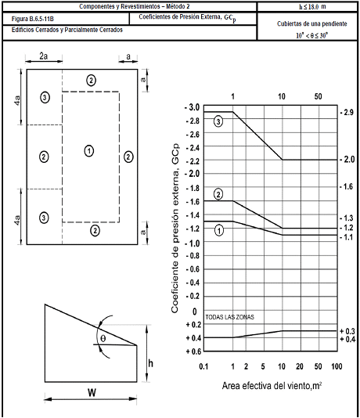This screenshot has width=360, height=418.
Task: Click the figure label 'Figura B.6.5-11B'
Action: point(33,20)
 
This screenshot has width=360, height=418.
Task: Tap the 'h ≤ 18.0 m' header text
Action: point(312,7)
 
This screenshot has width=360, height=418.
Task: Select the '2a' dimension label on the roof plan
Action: point(44,56)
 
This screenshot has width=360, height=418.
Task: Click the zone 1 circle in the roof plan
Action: point(89,151)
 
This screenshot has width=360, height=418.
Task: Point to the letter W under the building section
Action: point(92,392)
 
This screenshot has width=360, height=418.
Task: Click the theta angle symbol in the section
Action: point(103,339)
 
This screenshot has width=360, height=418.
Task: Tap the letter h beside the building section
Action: point(150,363)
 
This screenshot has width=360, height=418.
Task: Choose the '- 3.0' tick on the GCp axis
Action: point(192,107)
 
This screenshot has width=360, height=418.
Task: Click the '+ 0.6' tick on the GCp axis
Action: point(193,351)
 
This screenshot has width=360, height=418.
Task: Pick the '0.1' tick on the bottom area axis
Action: point(203,366)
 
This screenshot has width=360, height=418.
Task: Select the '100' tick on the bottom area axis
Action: point(337,366)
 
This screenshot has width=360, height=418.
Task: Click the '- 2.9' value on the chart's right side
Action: point(347,113)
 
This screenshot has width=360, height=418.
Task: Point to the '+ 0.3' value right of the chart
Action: point(347,331)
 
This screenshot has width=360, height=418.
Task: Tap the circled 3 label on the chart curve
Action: point(218,121)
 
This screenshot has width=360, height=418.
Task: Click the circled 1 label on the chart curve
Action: point(219,230)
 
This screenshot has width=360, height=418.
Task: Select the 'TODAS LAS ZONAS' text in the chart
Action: point(230,317)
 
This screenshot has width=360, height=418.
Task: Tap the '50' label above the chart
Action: point(318,96)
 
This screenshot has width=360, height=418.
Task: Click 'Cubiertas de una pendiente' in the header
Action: point(312,23)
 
